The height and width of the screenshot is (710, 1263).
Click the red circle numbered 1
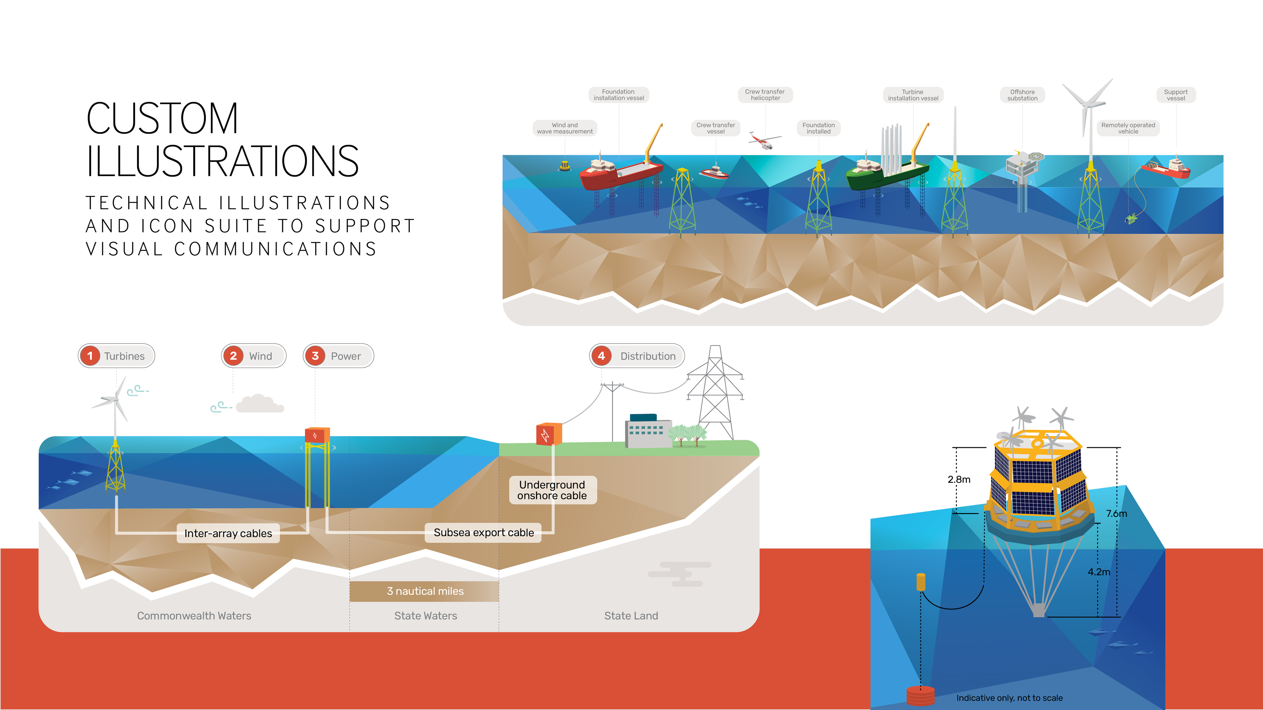[x=90, y=356]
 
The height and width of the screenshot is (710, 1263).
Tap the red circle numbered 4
[x=602, y=356]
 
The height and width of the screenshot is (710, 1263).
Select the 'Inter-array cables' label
[x=228, y=533]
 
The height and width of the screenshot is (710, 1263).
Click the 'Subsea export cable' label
[x=483, y=532]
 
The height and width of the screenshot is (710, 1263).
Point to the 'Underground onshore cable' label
[x=552, y=490]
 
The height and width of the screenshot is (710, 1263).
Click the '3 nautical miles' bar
[x=425, y=591]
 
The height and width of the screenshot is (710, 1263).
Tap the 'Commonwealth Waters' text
[x=194, y=616]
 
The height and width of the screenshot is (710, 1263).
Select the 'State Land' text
[x=631, y=616]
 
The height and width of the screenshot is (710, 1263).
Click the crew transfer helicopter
[x=763, y=141]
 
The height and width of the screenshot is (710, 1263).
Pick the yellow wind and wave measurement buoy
[x=565, y=166]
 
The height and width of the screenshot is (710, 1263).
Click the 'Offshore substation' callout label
[x=1022, y=95]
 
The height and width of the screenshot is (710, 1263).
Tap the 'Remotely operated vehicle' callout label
[x=1128, y=129]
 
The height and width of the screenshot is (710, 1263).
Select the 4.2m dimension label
[x=1099, y=572]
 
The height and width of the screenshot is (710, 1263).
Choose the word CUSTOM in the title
[x=162, y=119]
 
